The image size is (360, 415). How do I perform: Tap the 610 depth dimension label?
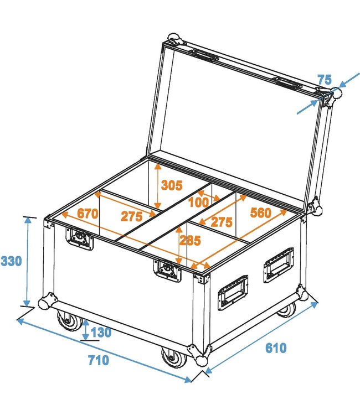click(x=276, y=348)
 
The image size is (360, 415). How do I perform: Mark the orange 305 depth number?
click(x=172, y=186)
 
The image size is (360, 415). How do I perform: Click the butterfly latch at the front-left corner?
click(x=76, y=238)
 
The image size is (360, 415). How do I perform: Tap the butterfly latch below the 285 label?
click(x=166, y=271)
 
